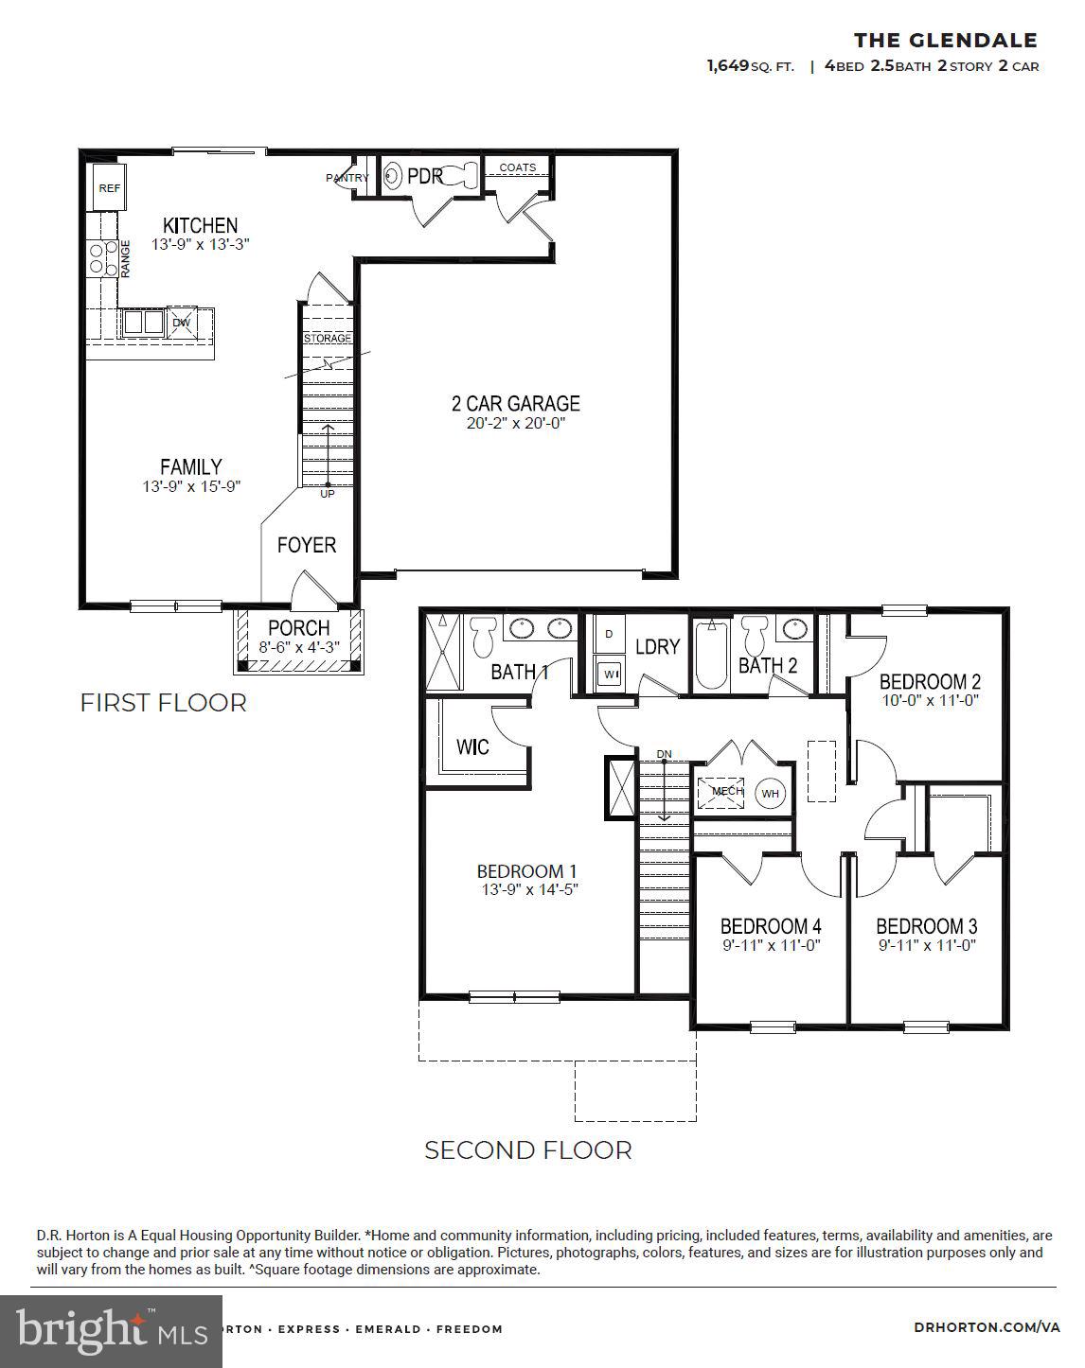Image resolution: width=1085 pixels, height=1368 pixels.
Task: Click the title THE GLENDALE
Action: click(945, 40)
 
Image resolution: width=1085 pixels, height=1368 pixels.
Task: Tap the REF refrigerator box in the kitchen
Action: click(110, 188)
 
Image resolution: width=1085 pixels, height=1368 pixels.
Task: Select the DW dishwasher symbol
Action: click(182, 323)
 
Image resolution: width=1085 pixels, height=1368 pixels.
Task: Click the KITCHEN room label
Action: click(200, 225)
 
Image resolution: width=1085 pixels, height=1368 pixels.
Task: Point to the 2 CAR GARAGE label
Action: click(515, 403)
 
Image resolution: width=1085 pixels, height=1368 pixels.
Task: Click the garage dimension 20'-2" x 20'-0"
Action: click(515, 424)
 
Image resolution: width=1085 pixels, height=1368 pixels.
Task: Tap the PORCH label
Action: click(298, 628)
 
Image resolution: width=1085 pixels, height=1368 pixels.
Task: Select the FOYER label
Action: click(306, 545)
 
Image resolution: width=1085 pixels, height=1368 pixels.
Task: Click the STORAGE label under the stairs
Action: click(327, 338)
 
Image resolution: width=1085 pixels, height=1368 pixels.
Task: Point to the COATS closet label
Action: click(517, 167)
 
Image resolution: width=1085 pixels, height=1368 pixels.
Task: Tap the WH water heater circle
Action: click(770, 793)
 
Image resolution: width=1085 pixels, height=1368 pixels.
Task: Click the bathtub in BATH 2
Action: click(709, 655)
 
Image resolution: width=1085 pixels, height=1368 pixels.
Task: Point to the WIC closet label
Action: click(472, 747)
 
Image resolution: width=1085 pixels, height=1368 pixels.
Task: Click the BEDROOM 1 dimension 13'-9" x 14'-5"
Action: click(527, 890)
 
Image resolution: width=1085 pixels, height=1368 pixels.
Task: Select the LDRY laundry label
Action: click(657, 647)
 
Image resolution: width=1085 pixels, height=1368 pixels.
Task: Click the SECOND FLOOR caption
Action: click(527, 1150)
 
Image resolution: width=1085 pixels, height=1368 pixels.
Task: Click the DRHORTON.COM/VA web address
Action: click(987, 1327)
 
